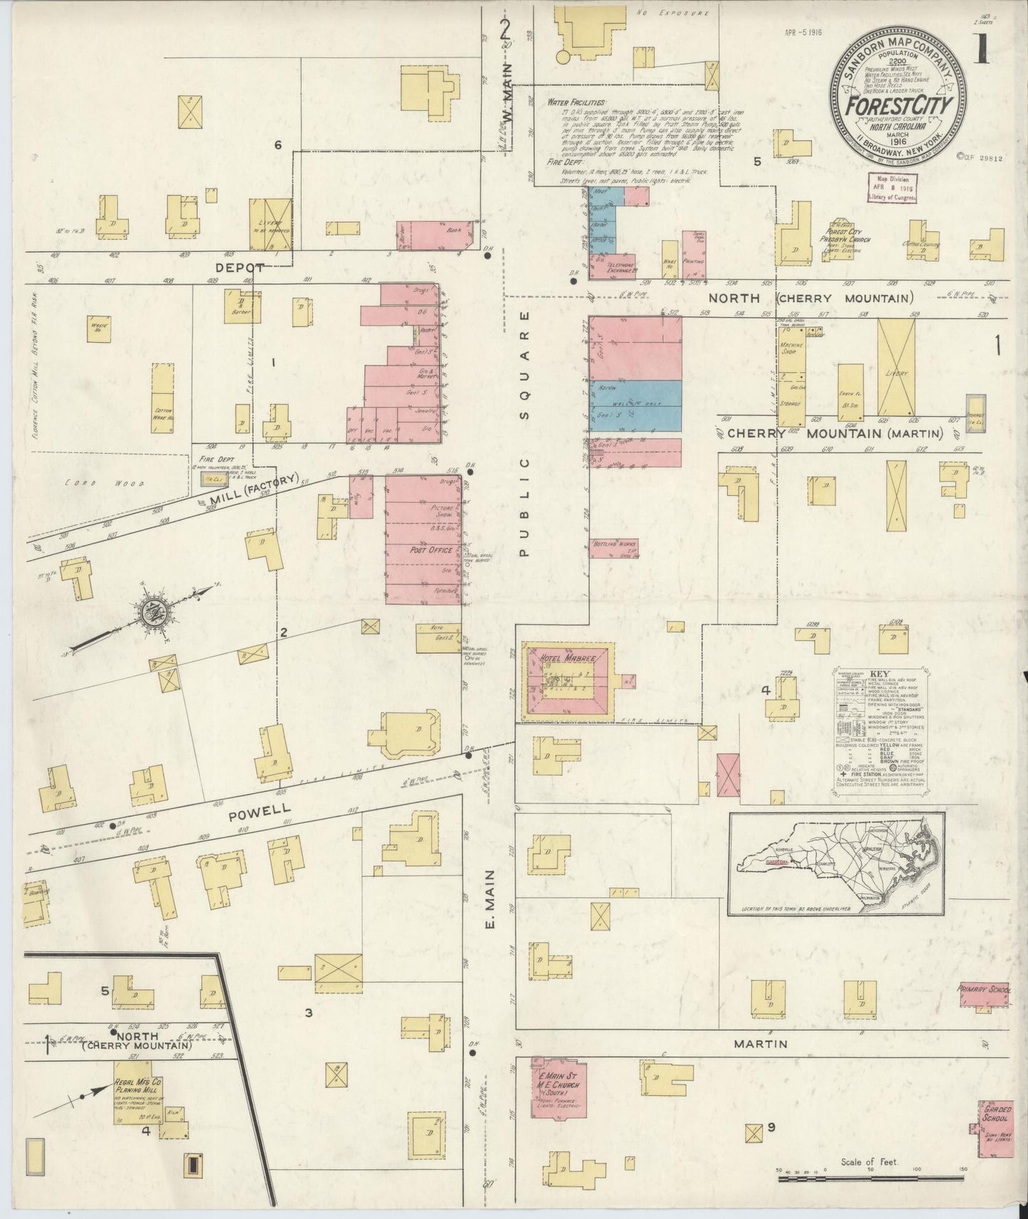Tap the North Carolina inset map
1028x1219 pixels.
click(x=836, y=863)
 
